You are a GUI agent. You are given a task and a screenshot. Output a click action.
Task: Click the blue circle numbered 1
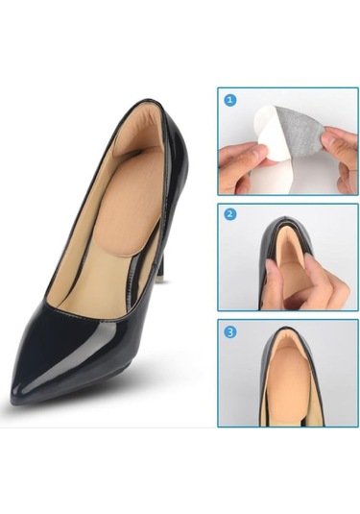(229, 100)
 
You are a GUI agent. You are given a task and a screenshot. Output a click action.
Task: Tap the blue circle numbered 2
(230, 214)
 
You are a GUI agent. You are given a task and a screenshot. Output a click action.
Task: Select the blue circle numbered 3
(230, 332)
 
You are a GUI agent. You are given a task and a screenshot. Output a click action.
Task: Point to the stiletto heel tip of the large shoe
(161, 279)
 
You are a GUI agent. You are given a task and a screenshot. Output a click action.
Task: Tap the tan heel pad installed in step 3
(287, 371)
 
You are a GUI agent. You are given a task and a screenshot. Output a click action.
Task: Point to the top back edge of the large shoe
(148, 101)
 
